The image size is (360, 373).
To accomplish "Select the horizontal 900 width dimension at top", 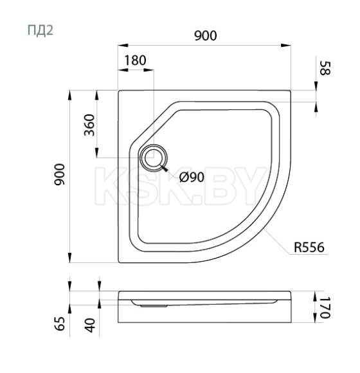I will [x=205, y=36].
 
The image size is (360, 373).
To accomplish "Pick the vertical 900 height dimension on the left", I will [x=59, y=176].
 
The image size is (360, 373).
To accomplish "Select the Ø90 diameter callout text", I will [x=192, y=177].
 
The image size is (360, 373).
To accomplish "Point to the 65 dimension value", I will [x=59, y=323].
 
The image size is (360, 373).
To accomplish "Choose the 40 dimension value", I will [x=89, y=325].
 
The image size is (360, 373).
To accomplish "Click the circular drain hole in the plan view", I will [x=153, y=158].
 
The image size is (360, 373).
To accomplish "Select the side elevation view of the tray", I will [x=204, y=307].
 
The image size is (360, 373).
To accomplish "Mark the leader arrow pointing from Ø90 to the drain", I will [x=168, y=170].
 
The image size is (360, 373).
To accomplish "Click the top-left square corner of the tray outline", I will [x=120, y=91].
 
